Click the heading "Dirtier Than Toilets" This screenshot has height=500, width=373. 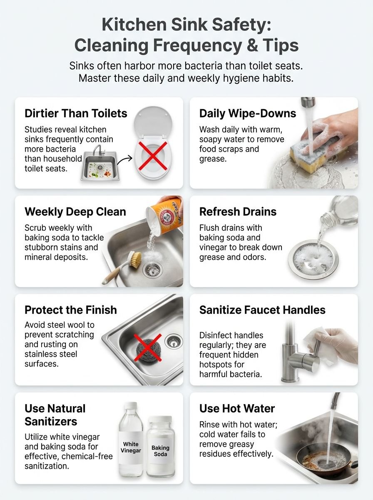(76, 113)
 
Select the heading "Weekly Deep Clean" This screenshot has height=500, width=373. (75, 212)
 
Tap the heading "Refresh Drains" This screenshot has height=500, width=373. (238, 212)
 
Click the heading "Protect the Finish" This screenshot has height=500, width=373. (70, 310)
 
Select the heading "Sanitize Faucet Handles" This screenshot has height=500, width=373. (262, 310)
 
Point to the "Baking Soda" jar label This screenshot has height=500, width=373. (160, 451)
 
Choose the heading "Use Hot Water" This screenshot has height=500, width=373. (237, 408)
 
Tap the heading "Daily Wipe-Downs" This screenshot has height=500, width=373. (248, 113)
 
